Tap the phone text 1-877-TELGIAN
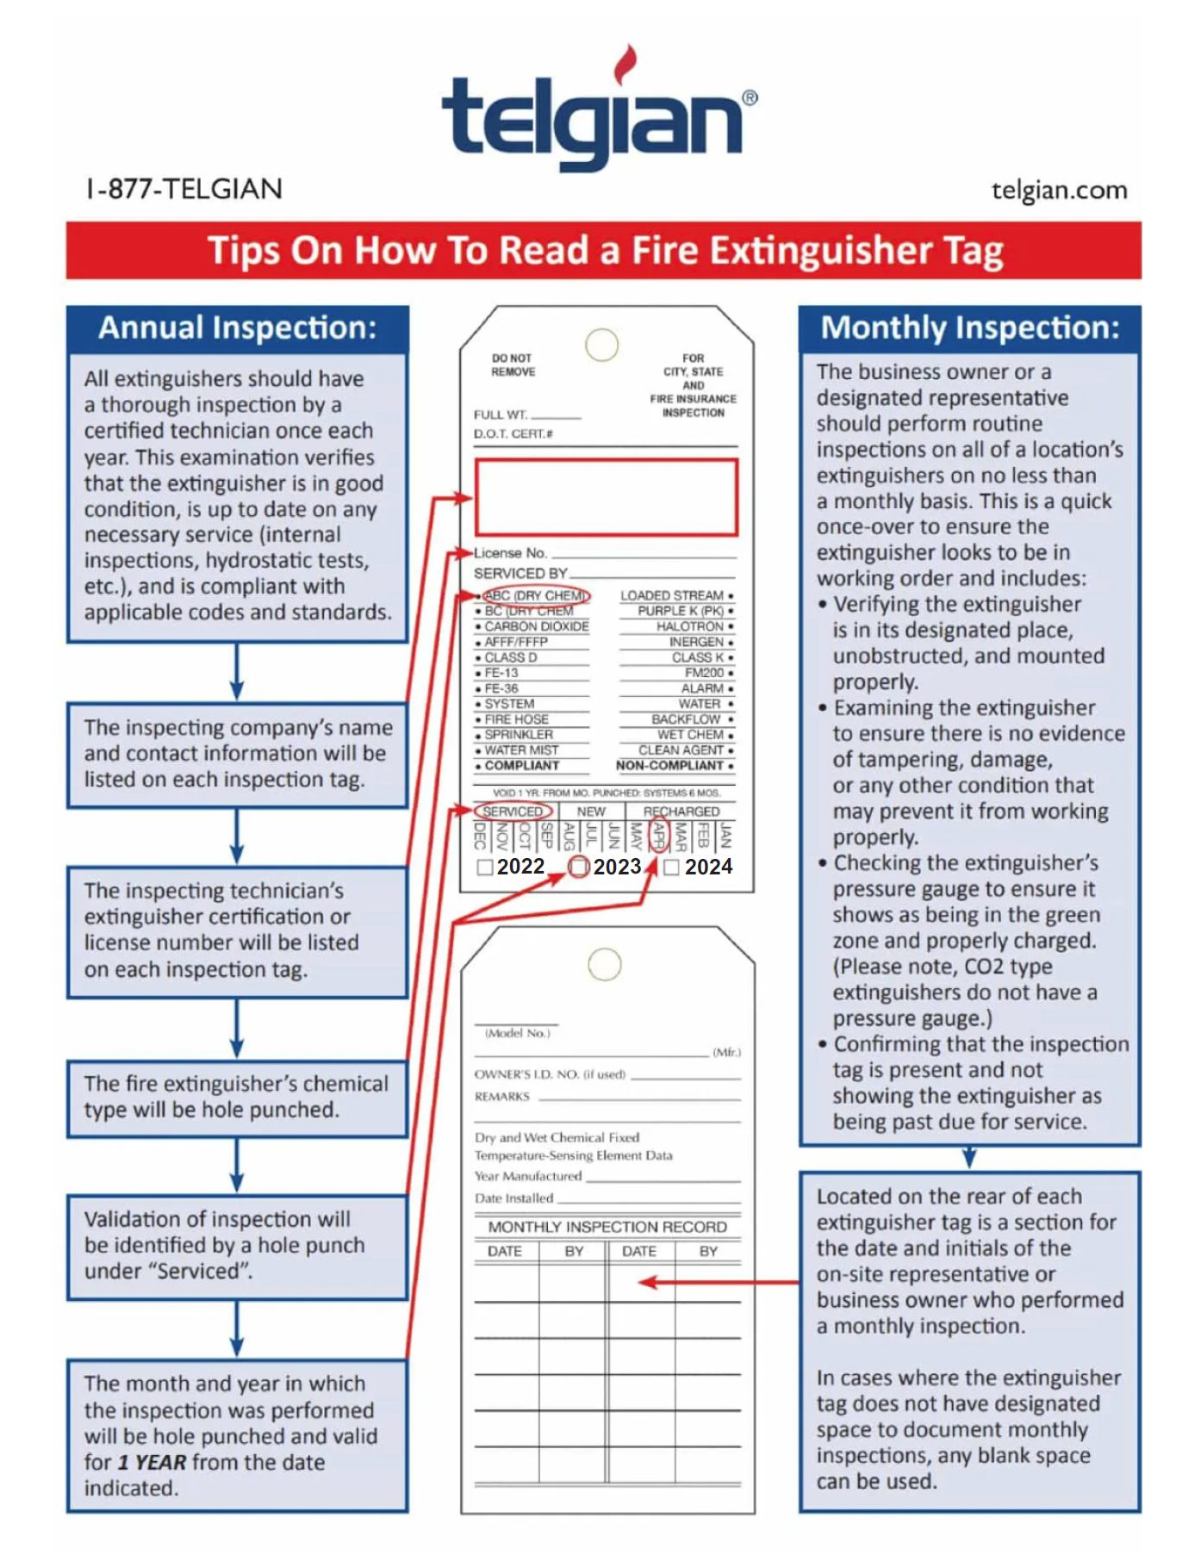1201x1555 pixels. click(x=184, y=189)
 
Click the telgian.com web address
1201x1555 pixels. click(x=1059, y=190)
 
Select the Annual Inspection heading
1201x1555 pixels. click(x=237, y=328)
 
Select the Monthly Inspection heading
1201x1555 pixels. click(x=969, y=328)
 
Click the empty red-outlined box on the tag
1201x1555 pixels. click(x=606, y=497)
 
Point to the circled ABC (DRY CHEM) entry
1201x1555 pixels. click(x=535, y=595)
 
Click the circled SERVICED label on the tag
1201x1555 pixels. click(x=513, y=812)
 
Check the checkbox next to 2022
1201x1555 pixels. click(x=485, y=867)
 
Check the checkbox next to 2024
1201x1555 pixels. click(x=672, y=867)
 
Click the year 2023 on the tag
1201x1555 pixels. click(x=617, y=867)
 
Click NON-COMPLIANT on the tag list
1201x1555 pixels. click(x=669, y=765)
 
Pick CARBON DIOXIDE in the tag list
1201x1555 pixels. click(x=536, y=626)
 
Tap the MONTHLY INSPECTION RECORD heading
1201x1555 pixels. click(x=607, y=1227)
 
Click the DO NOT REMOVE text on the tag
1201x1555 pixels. click(x=513, y=364)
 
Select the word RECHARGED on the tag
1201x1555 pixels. click(x=681, y=812)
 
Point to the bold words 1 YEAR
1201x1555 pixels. click(x=152, y=1462)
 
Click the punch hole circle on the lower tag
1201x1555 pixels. click(x=605, y=964)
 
